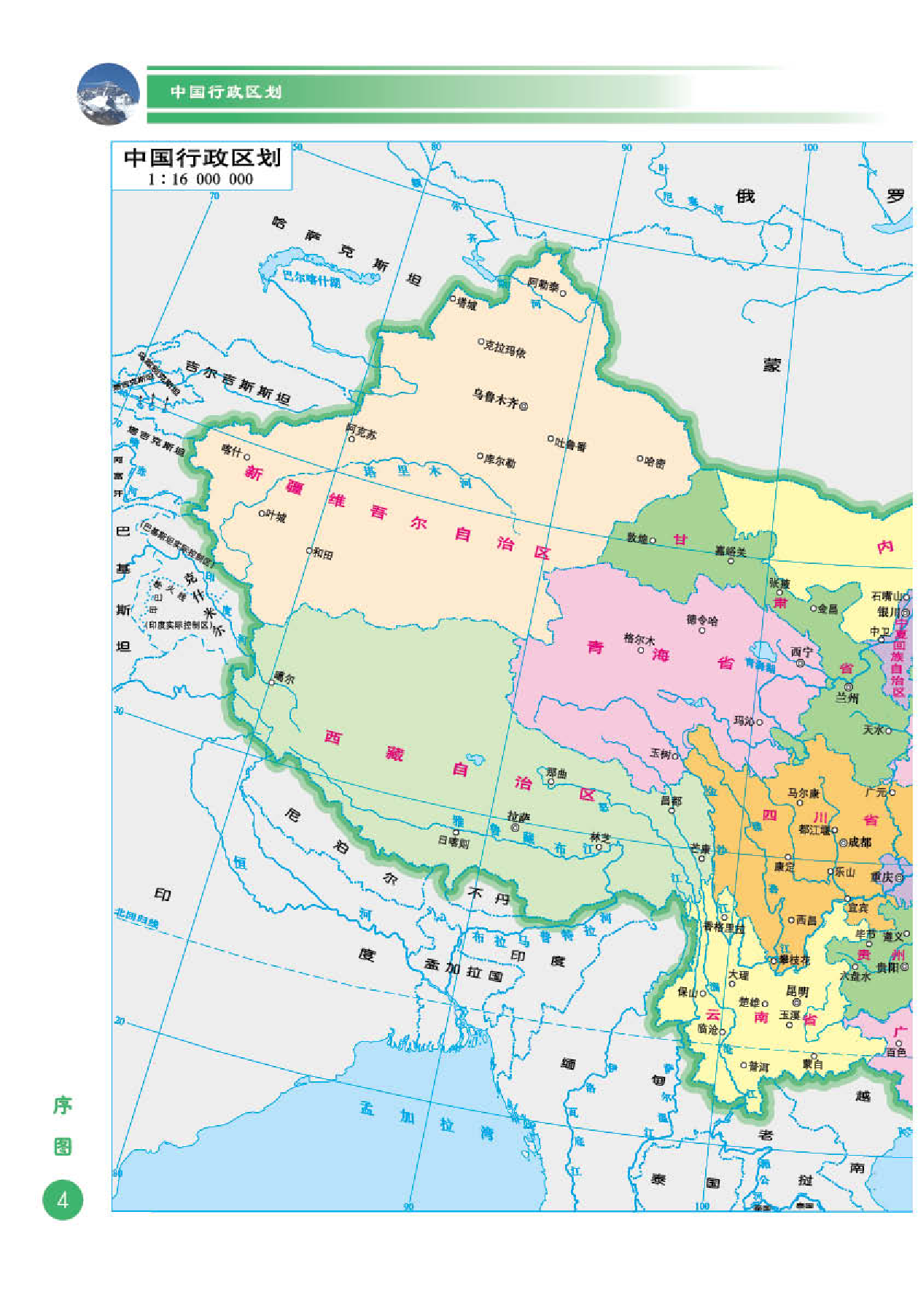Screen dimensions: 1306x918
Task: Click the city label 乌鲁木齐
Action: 495,398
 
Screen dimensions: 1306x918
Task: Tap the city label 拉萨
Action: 518,816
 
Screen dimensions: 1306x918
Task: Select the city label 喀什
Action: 231,451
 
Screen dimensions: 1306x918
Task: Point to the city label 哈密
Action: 654,463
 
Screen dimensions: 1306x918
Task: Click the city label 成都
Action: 860,842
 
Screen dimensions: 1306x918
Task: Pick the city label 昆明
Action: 797,992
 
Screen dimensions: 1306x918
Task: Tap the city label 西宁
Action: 801,652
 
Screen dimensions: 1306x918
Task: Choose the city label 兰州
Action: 847,698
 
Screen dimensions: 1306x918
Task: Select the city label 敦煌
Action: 637,538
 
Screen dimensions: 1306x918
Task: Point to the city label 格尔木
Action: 639,639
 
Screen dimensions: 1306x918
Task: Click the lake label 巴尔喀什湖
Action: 311,279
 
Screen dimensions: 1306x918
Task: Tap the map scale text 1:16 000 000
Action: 201,179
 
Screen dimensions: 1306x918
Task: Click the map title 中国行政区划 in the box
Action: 202,158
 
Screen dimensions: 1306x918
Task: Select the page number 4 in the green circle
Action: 63,1199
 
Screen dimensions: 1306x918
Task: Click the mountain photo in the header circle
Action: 108,94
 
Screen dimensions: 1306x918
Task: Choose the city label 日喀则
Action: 453,842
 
